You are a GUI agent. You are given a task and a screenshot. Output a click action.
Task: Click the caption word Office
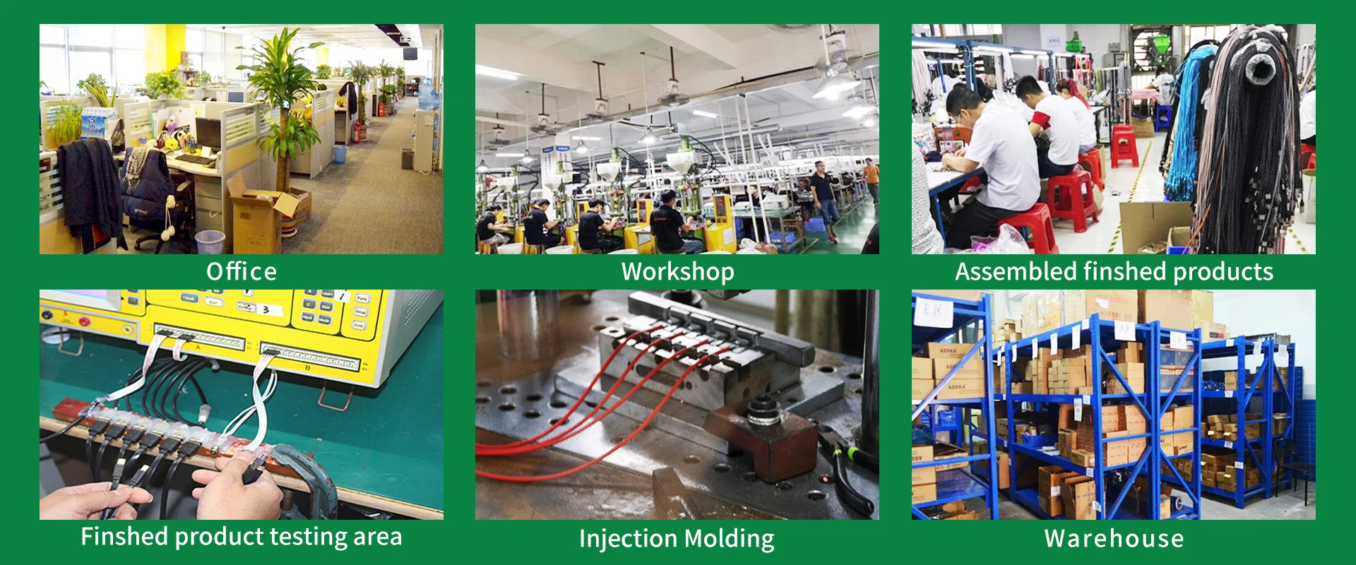[x=242, y=272]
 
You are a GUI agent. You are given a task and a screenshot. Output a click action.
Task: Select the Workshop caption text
[x=677, y=272]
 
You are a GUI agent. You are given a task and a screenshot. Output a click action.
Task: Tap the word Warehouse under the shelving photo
[x=1114, y=539]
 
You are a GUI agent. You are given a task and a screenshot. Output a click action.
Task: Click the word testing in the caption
[x=309, y=537]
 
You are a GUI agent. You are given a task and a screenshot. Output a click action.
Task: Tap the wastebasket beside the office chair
[x=210, y=242]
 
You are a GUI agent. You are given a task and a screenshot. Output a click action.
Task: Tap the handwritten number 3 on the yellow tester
[x=266, y=309]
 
